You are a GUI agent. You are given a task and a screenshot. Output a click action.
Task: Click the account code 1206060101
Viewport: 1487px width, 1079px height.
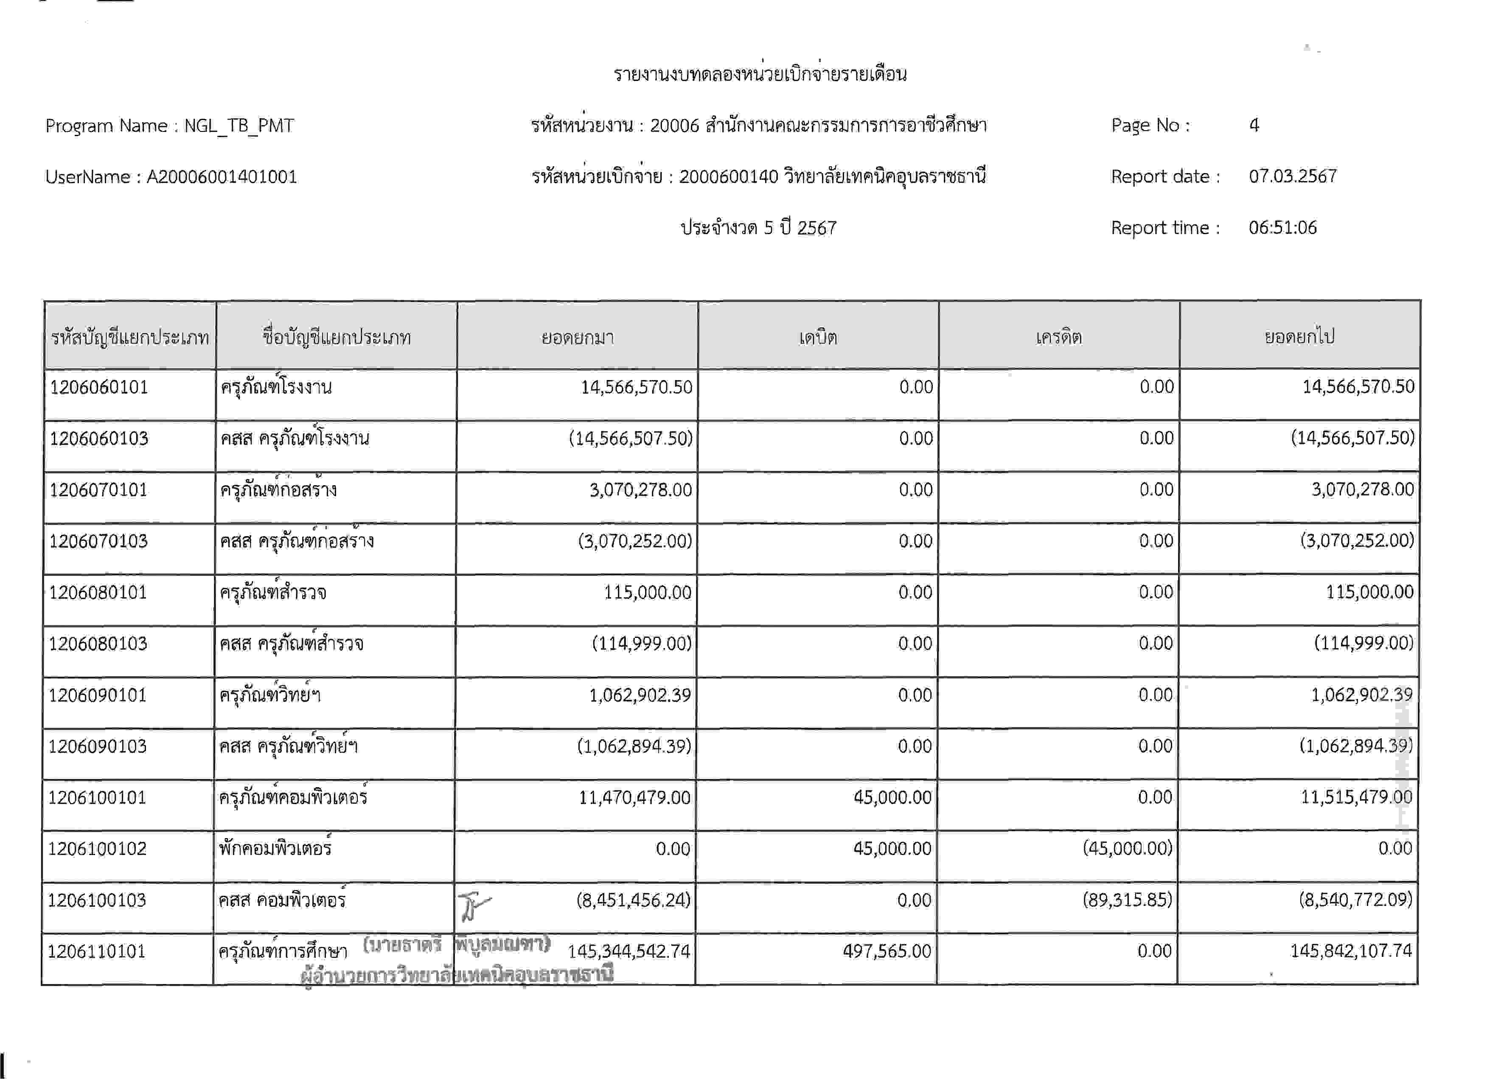click(99, 387)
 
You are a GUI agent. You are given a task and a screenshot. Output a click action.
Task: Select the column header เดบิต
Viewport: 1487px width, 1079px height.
click(818, 337)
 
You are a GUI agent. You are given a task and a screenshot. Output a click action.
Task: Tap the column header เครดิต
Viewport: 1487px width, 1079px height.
click(1058, 337)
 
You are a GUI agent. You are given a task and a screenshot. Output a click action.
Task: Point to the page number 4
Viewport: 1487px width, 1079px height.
click(1254, 125)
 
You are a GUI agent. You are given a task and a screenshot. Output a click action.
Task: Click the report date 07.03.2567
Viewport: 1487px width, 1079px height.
click(1292, 176)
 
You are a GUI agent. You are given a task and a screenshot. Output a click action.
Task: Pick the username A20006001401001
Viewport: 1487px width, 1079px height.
click(222, 177)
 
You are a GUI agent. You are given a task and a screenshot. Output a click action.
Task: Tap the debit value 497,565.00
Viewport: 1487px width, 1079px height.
click(887, 950)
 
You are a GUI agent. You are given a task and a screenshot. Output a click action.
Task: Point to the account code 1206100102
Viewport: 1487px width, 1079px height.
click(97, 848)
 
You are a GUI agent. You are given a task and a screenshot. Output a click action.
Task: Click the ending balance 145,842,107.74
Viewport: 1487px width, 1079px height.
click(1351, 950)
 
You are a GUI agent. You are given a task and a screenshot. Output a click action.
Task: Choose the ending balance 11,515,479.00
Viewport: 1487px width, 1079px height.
click(1356, 797)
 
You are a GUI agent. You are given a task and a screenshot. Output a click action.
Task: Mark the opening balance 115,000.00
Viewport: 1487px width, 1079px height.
click(647, 592)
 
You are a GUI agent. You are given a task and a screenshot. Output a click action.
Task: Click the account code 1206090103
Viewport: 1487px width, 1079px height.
click(97, 746)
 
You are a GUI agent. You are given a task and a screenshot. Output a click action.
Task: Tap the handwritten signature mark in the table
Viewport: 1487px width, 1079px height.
click(473, 906)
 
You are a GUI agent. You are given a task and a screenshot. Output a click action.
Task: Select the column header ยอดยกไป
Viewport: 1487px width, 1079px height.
click(1299, 337)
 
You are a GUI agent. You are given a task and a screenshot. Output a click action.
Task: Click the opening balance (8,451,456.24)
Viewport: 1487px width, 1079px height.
click(633, 900)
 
